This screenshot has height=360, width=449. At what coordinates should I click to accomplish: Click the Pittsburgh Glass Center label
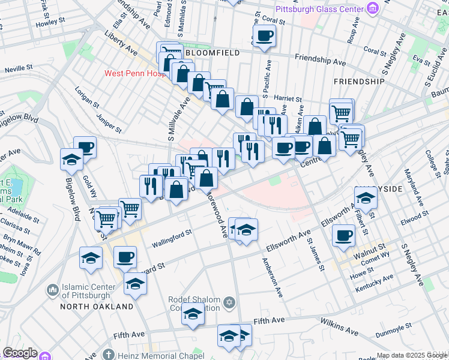tap(319, 9)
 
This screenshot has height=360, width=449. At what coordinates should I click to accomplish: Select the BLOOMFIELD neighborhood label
tap(213, 53)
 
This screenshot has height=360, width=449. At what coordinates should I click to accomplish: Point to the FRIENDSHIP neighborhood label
tap(358, 81)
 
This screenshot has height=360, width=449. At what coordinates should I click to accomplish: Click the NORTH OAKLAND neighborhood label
tap(97, 307)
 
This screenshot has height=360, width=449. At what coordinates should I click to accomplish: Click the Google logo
tap(20, 353)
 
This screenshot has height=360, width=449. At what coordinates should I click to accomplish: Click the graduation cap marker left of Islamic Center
tap(91, 258)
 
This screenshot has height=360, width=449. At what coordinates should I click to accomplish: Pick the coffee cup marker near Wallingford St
tap(125, 257)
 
